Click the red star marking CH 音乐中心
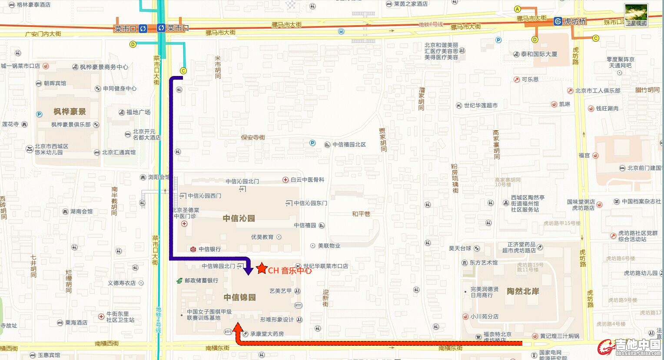[x=261, y=268]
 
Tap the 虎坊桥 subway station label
[x=574, y=21]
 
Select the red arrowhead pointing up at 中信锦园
[x=238, y=327]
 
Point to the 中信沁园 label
[x=239, y=218]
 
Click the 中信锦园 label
[x=239, y=297]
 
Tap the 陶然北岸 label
[x=523, y=291]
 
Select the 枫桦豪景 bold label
[x=70, y=112]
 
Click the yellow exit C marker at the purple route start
[x=183, y=71]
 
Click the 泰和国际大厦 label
[x=538, y=54]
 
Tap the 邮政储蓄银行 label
[x=201, y=281]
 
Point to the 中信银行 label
[x=209, y=249]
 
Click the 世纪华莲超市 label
[x=480, y=106]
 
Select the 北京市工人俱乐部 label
[x=598, y=91]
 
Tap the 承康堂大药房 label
[x=266, y=334]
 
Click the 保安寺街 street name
[x=253, y=138]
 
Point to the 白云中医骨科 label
[x=307, y=180]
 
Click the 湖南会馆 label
[x=81, y=211]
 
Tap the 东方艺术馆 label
[x=483, y=263]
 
